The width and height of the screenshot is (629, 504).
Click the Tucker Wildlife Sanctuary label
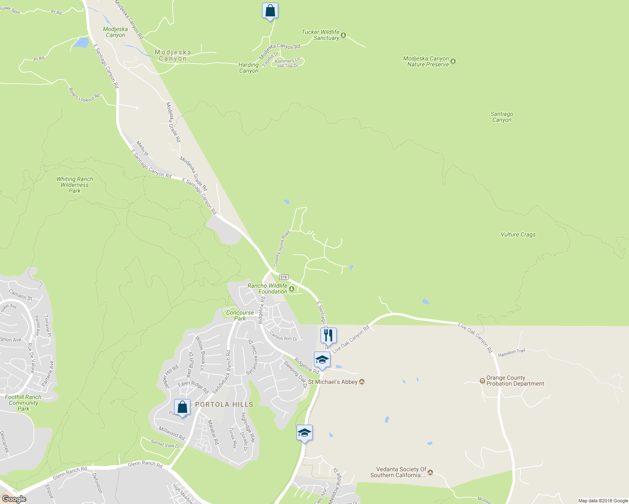click(x=320, y=35)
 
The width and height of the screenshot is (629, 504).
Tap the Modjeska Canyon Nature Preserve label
click(x=426, y=61)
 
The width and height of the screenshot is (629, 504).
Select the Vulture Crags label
click(x=518, y=235)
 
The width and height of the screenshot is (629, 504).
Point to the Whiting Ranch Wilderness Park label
click(x=75, y=185)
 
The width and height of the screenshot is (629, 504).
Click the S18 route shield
click(x=284, y=277)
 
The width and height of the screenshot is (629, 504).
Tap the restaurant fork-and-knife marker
click(x=328, y=335)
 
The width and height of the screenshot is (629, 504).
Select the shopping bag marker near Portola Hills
click(x=182, y=407)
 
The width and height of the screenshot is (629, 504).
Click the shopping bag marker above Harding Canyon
click(x=270, y=10)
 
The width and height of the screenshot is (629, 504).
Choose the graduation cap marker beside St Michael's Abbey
click(x=322, y=360)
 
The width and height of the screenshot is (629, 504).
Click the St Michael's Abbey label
click(x=333, y=382)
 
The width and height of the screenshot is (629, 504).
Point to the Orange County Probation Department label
click(x=515, y=381)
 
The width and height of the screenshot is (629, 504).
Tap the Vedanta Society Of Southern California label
click(x=398, y=472)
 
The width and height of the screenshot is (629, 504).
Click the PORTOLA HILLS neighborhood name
click(x=224, y=404)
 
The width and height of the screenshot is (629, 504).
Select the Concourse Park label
click(x=240, y=315)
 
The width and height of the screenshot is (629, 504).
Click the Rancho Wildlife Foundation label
click(x=267, y=289)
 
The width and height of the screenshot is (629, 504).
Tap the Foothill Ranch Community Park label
click(x=24, y=403)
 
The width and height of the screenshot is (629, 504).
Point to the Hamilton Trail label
click(x=511, y=353)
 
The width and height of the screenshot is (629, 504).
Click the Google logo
click(x=14, y=499)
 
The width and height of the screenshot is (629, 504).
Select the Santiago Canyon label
click(x=502, y=117)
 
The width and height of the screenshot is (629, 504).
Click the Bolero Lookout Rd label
click(x=84, y=95)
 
